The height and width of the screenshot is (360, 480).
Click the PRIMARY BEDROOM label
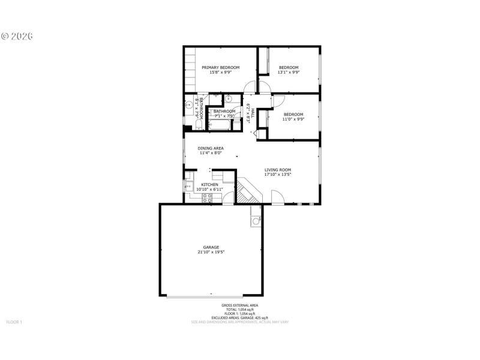[220, 68]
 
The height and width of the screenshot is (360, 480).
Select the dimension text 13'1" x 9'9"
[289, 73]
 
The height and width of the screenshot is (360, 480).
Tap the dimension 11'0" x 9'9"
[293, 119]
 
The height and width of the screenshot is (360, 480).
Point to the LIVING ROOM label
[278, 170]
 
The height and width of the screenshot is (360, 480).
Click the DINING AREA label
[211, 148]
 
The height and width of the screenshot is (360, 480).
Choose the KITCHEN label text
[209, 184]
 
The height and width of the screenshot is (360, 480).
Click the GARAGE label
[211, 247]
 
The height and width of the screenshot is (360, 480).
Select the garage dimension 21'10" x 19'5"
[211, 253]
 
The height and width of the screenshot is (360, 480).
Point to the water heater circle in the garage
[256, 221]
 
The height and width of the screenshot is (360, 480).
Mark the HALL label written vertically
[253, 113]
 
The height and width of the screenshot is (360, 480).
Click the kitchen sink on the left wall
[188, 187]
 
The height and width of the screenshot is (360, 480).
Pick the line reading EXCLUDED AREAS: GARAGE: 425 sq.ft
[240, 318]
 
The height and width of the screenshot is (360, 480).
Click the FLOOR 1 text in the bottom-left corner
[14, 322]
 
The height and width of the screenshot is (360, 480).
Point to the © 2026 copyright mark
[17, 36]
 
